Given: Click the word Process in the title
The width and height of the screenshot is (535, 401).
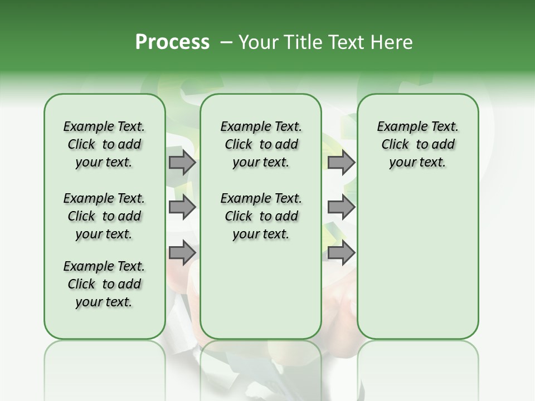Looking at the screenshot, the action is (172, 42).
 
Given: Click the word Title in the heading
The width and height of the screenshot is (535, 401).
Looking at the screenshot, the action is (301, 42).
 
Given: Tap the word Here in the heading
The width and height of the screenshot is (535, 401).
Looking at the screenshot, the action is (392, 42).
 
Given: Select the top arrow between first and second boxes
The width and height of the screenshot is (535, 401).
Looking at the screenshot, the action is (182, 163).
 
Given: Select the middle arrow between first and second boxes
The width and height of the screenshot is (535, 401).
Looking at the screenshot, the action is (182, 207).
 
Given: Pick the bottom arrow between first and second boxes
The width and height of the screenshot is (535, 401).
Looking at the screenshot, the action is (182, 252).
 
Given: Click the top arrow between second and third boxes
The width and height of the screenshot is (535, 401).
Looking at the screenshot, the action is (341, 163).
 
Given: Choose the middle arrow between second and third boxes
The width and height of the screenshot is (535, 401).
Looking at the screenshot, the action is (341, 207).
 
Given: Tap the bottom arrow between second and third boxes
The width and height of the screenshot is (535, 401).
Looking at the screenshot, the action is (341, 252).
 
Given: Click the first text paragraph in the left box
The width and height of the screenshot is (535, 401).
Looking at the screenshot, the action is (104, 144).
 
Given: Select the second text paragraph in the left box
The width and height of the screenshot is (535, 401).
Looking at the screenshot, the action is (104, 216).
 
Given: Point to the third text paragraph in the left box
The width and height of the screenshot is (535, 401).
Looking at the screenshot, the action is (104, 284).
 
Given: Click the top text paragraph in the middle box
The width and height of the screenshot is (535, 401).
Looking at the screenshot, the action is (261, 144).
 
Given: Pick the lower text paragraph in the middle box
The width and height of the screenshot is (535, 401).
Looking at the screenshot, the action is (261, 216).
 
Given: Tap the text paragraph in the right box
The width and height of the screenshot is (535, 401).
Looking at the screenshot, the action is (417, 144).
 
